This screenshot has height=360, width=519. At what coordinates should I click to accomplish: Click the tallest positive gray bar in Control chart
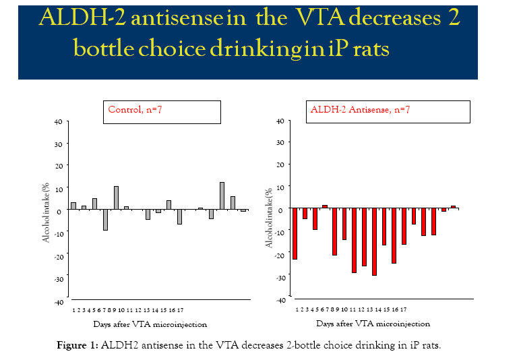pyautogui.click(x=222, y=196)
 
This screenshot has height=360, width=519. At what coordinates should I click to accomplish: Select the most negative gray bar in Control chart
pyautogui.click(x=105, y=220)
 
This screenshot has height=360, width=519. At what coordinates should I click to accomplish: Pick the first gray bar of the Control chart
pyautogui.click(x=73, y=206)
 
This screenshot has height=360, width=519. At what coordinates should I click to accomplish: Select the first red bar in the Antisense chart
pyautogui.click(x=295, y=233)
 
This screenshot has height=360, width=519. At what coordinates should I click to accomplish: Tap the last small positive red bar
pyautogui.click(x=454, y=206)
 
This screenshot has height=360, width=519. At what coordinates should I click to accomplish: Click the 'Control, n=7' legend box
pyautogui.click(x=163, y=111)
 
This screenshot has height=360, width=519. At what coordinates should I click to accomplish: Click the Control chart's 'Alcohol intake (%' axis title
pyautogui.click(x=47, y=214)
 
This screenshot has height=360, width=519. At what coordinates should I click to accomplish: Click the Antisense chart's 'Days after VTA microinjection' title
pyautogui.click(x=373, y=324)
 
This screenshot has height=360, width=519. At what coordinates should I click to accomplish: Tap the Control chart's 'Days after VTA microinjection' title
pyautogui.click(x=150, y=324)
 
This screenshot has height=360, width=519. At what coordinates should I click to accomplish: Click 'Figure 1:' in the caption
pyautogui.click(x=78, y=346)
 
